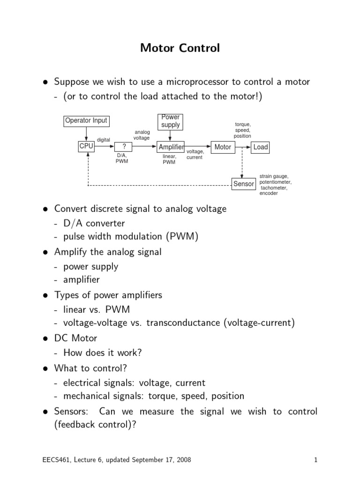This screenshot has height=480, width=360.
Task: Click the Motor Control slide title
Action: coord(180,48)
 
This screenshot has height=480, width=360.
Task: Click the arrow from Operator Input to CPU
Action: coord(86,134)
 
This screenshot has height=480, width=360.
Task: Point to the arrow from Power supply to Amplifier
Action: coord(170,135)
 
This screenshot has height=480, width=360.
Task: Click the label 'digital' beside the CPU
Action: coord(104,140)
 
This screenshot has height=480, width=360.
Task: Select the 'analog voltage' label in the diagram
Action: coord(142,135)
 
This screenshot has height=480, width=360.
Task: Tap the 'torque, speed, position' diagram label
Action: coord(242,130)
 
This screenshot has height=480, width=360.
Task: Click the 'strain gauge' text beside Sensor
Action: coord(274,176)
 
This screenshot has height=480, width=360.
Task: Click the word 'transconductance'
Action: coord(183,322)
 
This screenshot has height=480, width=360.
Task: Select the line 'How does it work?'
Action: coord(103,352)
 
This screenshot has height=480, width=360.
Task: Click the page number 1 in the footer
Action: coord(315,460)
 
